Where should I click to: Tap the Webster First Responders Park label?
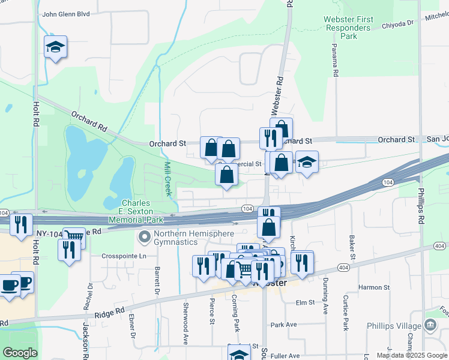(x=348, y=28)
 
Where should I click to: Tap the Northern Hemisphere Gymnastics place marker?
(x=144, y=238)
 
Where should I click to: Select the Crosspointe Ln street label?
(x=124, y=256)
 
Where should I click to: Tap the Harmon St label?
(x=374, y=287)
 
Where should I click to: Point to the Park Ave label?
(x=283, y=325)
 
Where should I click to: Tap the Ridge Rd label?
(x=109, y=313)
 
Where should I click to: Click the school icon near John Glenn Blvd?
(x=55, y=47)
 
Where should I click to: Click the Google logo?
(x=20, y=353)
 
